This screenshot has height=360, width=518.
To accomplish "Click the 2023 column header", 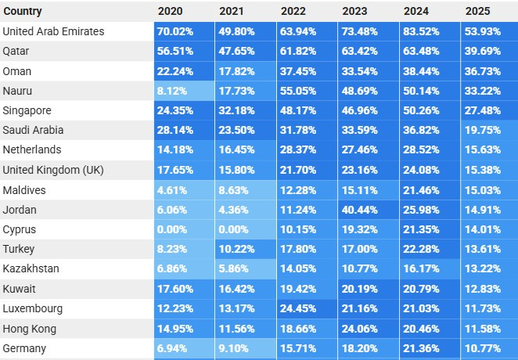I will [354, 11].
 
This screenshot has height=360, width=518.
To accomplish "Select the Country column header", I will [23, 11].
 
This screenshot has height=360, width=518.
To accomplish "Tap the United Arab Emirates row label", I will [53, 31].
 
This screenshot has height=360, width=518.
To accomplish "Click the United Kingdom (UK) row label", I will [53, 170].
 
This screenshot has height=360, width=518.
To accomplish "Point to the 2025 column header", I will [477, 11].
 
